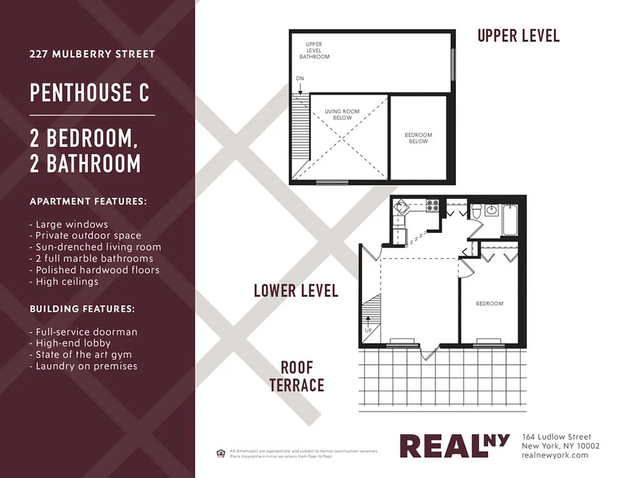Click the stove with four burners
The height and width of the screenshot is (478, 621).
tap(432, 206)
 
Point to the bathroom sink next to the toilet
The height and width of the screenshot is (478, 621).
tap(492, 210)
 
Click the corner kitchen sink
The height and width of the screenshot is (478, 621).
tap(400, 209)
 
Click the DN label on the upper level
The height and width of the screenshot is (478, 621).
tap(299, 79)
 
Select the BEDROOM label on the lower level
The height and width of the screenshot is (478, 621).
tap(489, 304)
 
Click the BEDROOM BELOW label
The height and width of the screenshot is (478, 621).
tap(418, 138)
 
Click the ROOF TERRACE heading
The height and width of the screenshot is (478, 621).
tap(297, 376)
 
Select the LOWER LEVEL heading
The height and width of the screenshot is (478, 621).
tap(296, 291)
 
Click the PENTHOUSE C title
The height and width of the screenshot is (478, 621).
tap(90, 93)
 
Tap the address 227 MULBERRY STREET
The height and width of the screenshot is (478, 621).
tap(92, 54)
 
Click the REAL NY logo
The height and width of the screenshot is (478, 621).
tap(454, 446)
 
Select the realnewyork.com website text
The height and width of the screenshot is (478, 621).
tap(555, 455)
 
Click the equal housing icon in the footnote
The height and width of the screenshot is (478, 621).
tap(221, 452)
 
